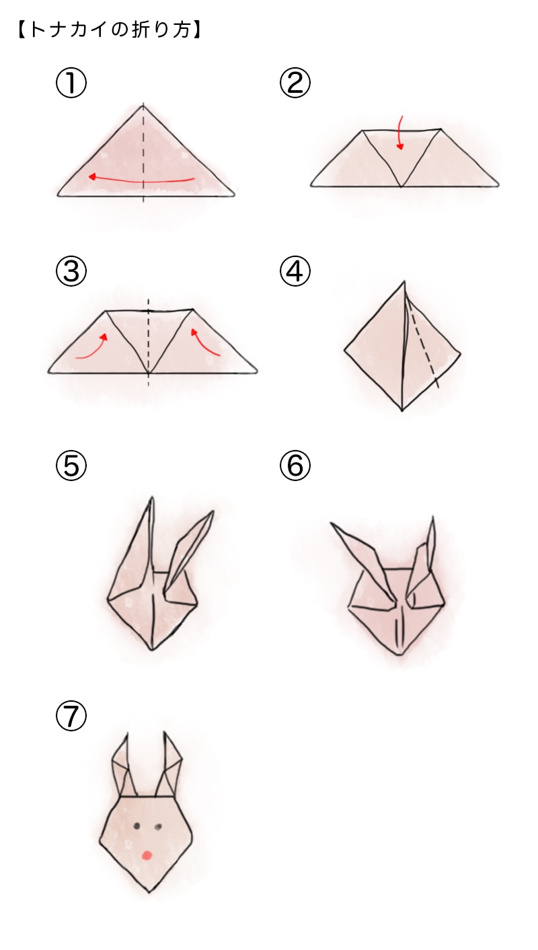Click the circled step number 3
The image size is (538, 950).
point(71,272)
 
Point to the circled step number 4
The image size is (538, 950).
point(295,272)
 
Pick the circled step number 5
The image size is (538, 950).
point(71,466)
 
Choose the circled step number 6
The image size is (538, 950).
point(295,466)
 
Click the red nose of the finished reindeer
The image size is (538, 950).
point(147,854)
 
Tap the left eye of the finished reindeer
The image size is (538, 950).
point(137,826)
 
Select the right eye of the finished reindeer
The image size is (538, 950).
point(159,826)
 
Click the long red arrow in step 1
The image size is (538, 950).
point(141,180)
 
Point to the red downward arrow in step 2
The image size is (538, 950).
point(400,133)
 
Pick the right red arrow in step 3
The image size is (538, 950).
point(206,342)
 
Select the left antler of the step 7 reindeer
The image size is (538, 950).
point(123,767)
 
